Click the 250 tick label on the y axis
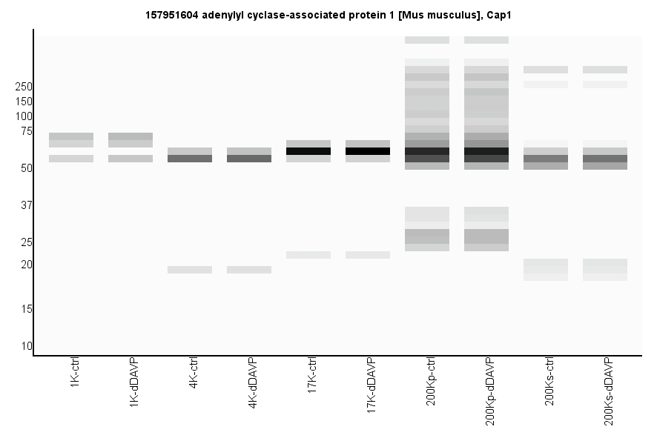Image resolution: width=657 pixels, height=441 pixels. tap(23, 87)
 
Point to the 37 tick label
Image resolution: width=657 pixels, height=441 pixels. tap(26, 205)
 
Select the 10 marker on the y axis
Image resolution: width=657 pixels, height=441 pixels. tap(26, 346)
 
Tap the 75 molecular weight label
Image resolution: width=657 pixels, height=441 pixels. tap(26, 131)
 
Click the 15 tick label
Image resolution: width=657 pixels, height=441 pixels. tap(26, 309)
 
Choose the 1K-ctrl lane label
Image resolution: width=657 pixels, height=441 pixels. tap(75, 375)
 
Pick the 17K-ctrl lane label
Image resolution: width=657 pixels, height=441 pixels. tap(312, 377)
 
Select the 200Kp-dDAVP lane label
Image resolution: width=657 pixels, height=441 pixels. tap(490, 391)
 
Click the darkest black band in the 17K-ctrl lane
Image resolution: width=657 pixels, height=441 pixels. tap(308, 151)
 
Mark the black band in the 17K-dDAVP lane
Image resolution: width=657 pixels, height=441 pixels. tap(368, 151)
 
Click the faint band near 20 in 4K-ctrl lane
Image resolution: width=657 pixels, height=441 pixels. tap(190, 270)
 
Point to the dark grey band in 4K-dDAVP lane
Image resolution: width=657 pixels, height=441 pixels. tap(249, 159)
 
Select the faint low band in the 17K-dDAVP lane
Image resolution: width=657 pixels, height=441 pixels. tap(368, 255)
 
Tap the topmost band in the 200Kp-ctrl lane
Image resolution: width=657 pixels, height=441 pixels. tap(427, 40)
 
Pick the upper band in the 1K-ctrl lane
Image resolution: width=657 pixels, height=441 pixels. tap(71, 136)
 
